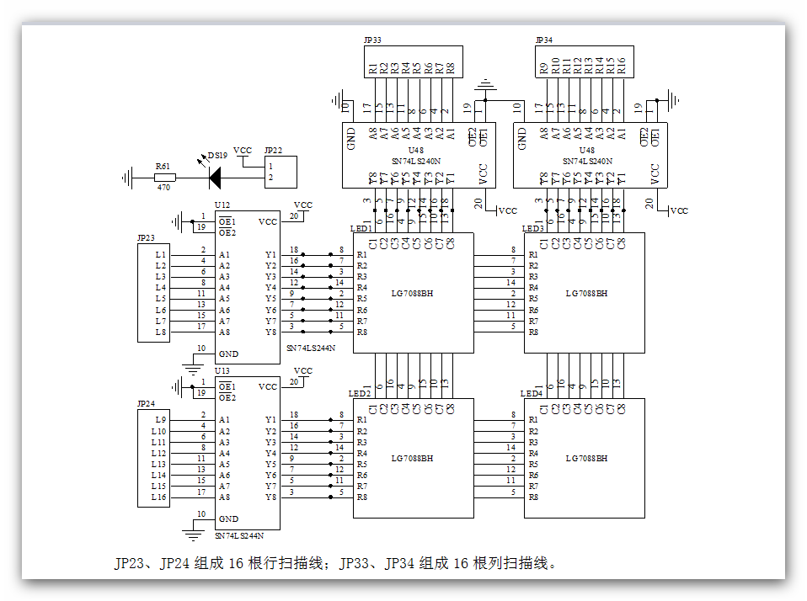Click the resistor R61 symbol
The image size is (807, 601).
point(163,178)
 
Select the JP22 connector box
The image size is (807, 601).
point(280,172)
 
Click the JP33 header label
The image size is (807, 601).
point(371,40)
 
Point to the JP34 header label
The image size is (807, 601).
point(544,40)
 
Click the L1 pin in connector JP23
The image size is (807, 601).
point(160,254)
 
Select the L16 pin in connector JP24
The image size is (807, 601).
point(158,497)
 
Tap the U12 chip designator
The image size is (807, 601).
point(222,205)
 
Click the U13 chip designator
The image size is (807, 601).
point(222,370)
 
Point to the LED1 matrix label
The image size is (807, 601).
point(361,228)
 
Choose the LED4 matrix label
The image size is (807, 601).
point(532,393)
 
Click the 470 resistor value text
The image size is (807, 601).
point(163,188)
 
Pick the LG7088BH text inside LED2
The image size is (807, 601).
point(412,459)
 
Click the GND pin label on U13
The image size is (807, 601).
point(227,519)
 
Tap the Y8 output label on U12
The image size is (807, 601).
point(270,332)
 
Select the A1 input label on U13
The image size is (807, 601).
point(224,419)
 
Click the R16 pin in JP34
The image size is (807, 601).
point(622,66)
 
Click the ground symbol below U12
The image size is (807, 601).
point(193,368)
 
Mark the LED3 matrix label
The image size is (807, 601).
point(532,228)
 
